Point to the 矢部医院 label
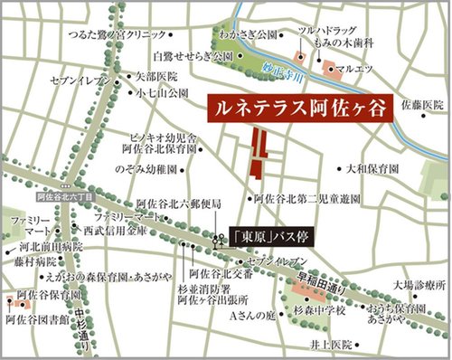click(x=150, y=78)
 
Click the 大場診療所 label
click(x=414, y=289)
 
